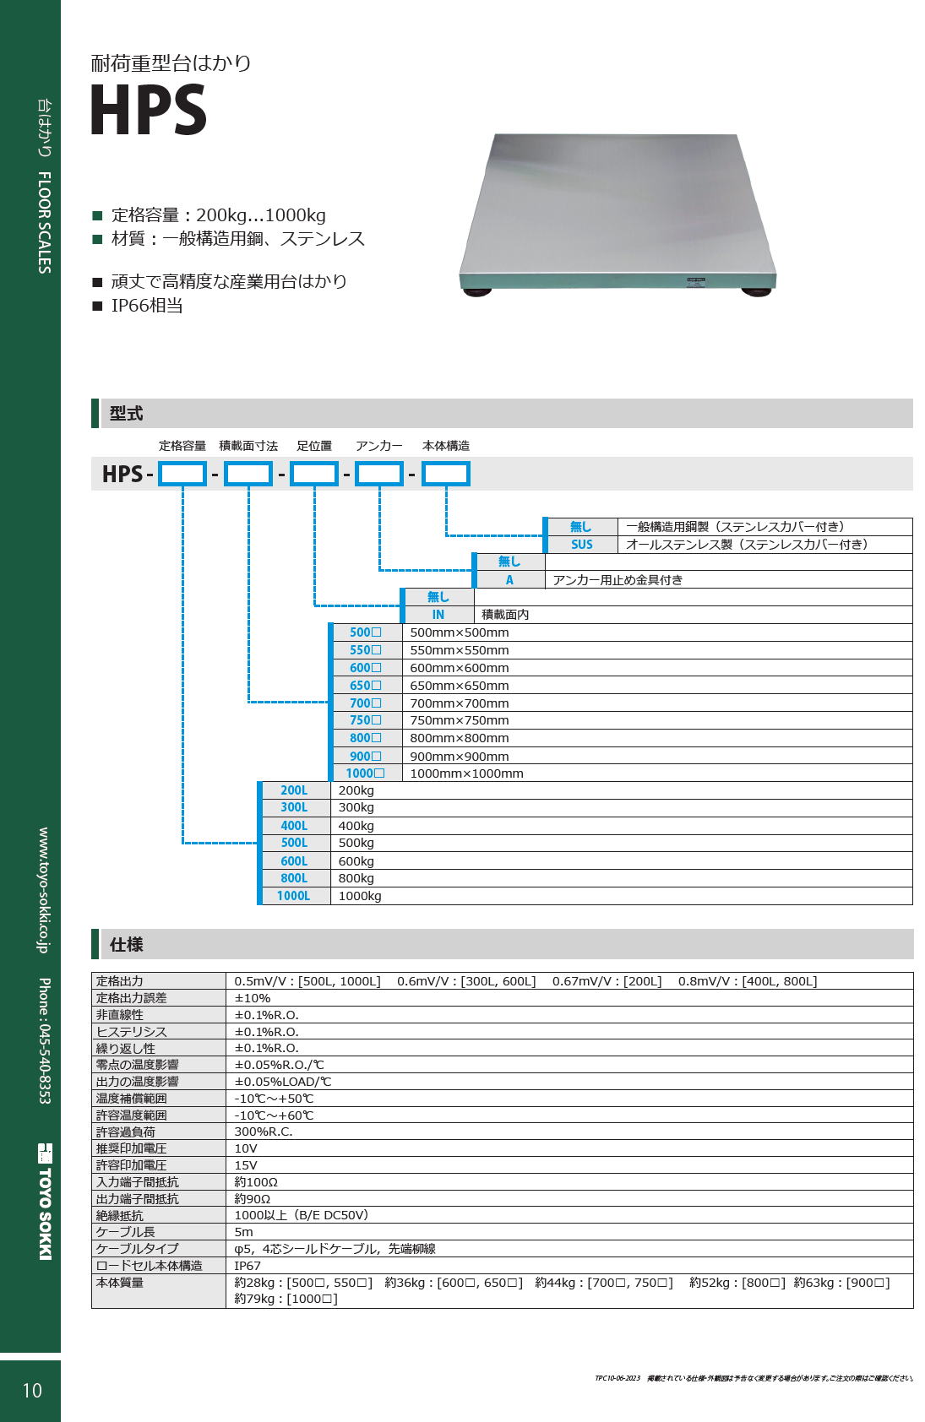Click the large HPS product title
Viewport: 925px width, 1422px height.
pyautogui.click(x=149, y=110)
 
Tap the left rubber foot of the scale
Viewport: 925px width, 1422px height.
pyautogui.click(x=477, y=292)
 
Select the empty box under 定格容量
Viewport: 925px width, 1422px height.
pyautogui.click(x=182, y=474)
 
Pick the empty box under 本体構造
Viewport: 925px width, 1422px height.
pyautogui.click(x=446, y=474)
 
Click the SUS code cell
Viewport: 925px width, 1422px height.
pyautogui.click(x=581, y=544)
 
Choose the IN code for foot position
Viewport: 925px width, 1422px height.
pyautogui.click(x=438, y=615)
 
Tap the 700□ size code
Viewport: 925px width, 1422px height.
pyautogui.click(x=366, y=703)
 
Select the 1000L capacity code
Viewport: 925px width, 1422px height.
pyautogui.click(x=293, y=896)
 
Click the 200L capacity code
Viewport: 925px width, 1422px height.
pyautogui.click(x=294, y=790)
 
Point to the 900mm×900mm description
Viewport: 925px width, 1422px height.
pyautogui.click(x=459, y=756)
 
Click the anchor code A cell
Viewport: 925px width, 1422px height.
pyautogui.click(x=509, y=579)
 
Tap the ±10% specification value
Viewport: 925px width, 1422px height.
pyautogui.click(x=252, y=998)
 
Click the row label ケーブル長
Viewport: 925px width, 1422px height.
pyautogui.click(x=125, y=1232)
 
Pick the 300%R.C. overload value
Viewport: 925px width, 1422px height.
pyautogui.click(x=264, y=1132)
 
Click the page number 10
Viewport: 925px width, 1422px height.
pyautogui.click(x=32, y=1391)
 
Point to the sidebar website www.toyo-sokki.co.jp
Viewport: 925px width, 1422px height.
pyautogui.click(x=43, y=890)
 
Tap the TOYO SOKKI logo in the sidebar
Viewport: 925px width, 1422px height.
pyautogui.click(x=45, y=1201)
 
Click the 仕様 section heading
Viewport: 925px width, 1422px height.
pyautogui.click(x=127, y=945)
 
